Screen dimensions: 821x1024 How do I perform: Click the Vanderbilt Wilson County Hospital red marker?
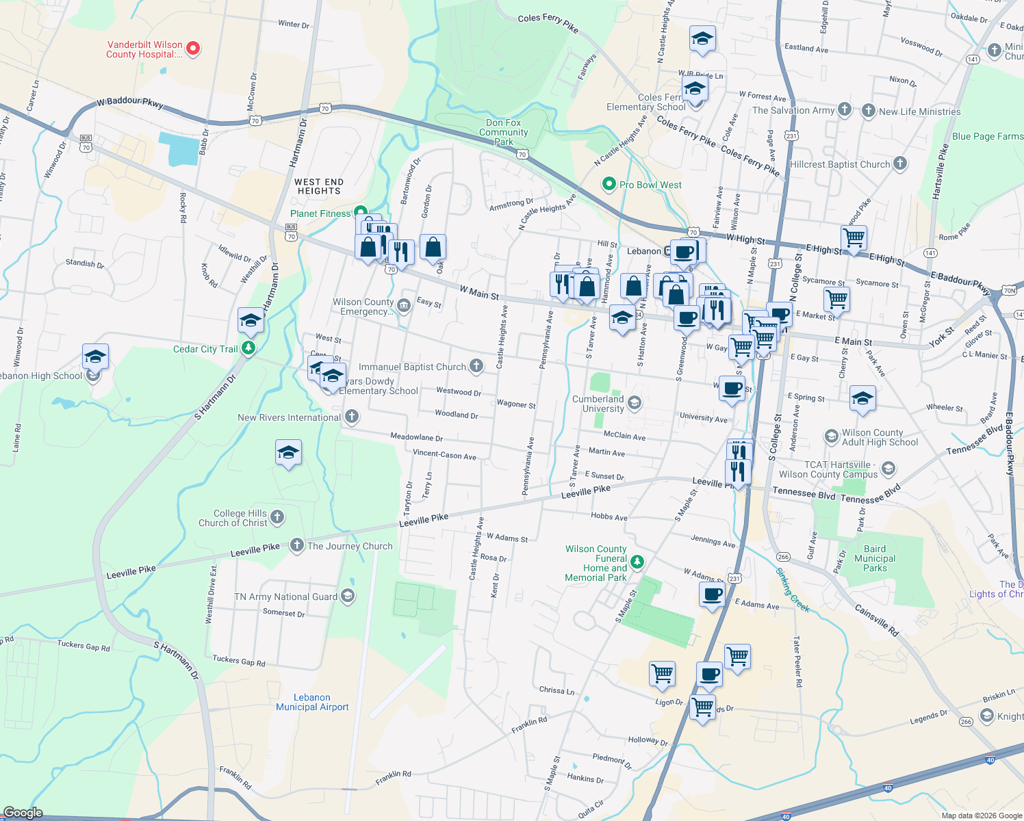(193, 48)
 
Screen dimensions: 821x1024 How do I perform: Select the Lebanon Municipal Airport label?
(312, 702)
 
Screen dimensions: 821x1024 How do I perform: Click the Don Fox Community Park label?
(503, 132)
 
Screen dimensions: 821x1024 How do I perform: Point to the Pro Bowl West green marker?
(609, 185)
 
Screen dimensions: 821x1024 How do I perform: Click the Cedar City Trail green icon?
(248, 349)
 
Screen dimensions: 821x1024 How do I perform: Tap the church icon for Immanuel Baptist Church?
(476, 367)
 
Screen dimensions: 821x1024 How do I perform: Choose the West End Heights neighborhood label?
(319, 186)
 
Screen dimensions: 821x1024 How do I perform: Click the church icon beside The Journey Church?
(296, 545)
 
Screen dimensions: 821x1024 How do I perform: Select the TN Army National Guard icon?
(348, 597)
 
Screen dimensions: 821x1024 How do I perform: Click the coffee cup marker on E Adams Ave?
(712, 594)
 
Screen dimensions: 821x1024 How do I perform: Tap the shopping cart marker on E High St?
(854, 238)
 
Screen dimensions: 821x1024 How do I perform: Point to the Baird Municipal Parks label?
(875, 558)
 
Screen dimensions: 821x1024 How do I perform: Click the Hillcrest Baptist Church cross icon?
(900, 164)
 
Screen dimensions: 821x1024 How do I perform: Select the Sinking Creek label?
(793, 590)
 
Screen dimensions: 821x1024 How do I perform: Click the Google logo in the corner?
(23, 813)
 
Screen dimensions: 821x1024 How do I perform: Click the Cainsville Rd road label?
(876, 621)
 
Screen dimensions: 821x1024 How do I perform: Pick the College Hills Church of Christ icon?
(277, 517)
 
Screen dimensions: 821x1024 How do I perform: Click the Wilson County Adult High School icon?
(831, 436)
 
